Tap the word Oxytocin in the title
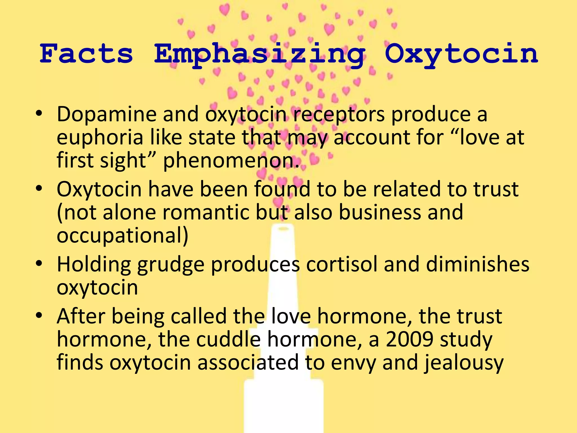461,54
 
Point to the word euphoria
100,138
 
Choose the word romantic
203,212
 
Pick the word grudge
171,265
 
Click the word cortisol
342,264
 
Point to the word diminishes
478,264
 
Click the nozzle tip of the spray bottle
283,229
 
